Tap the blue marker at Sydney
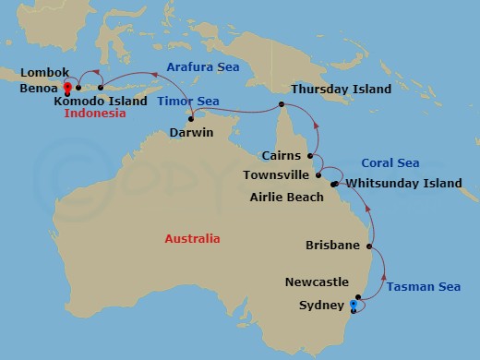pyautogui.click(x=354, y=304)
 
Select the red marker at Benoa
pyautogui.click(x=67, y=90)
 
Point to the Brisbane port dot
pyautogui.click(x=370, y=246)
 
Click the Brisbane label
pyautogui.click(x=332, y=246)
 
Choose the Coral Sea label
pyautogui.click(x=390, y=163)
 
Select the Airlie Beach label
pyautogui.click(x=286, y=198)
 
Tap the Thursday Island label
pyautogui.click(x=341, y=90)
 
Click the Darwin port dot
pyautogui.click(x=191, y=117)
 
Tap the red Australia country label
pyautogui.click(x=192, y=239)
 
